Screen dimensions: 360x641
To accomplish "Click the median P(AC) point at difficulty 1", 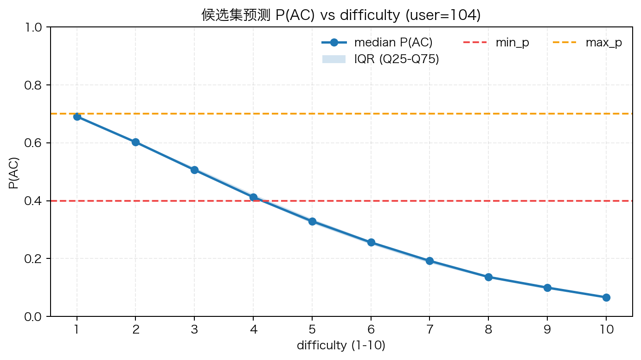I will [77, 116].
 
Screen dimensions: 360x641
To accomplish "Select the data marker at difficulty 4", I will [253, 197].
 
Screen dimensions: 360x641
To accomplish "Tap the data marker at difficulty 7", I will [429, 261].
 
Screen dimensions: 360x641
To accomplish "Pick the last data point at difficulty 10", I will [606, 297].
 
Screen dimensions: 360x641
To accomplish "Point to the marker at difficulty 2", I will [135, 142].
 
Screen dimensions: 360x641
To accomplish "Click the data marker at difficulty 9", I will [547, 288].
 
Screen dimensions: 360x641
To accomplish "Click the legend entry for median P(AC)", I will [393, 43].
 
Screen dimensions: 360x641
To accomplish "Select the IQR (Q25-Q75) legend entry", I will [396, 59].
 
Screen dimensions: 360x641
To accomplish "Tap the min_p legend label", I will [512, 43].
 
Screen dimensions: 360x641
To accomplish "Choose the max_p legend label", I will [603, 43].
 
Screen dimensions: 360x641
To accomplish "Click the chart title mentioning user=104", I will [341, 15].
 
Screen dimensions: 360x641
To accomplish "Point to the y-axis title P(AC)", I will [14, 172].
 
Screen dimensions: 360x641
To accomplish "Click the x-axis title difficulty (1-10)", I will [341, 346].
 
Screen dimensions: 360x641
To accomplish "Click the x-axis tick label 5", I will [312, 329].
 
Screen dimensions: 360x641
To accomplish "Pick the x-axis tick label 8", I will [488, 329].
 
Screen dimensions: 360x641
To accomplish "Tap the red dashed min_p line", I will [371, 201].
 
